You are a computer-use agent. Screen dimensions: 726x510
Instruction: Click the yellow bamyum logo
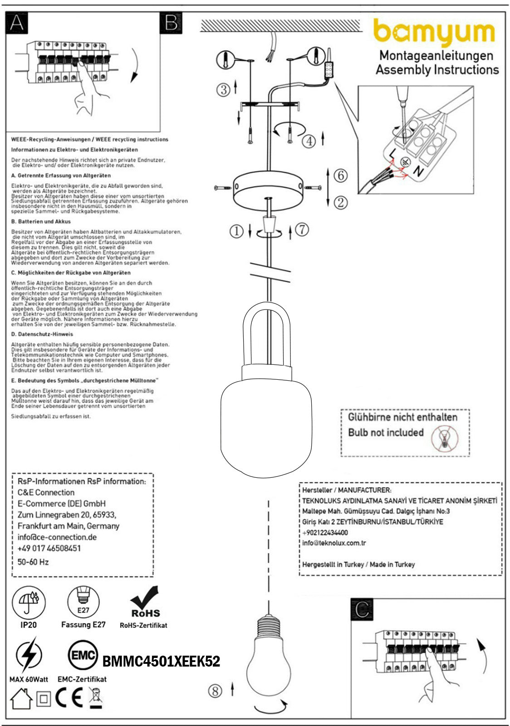[x=434, y=32]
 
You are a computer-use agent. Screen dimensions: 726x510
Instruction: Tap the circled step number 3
[x=223, y=89]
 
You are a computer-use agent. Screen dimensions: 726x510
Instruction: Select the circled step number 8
[x=215, y=691]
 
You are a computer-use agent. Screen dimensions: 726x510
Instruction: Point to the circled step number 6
[x=340, y=175]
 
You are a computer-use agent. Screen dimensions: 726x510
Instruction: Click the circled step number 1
[x=236, y=231]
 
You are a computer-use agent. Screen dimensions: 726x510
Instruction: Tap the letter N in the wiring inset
[x=419, y=172]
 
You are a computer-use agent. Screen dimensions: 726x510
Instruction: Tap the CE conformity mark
[x=69, y=699]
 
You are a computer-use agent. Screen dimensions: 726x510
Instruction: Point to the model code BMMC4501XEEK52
[x=161, y=662]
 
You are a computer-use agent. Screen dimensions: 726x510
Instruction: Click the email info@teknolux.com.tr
[x=334, y=543]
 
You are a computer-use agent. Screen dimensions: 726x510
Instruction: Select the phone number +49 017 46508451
[x=49, y=548]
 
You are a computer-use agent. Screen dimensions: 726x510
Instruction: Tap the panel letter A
[x=17, y=23]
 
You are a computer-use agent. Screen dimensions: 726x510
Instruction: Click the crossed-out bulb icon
[x=445, y=439]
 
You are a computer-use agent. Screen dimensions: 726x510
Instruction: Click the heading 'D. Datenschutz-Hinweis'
[x=42, y=334]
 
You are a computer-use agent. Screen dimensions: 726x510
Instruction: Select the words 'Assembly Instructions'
[x=437, y=70]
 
